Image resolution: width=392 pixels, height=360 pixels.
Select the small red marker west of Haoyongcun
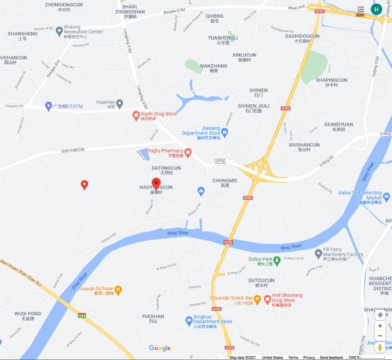click(84, 185)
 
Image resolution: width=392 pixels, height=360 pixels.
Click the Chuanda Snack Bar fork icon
click(257, 300)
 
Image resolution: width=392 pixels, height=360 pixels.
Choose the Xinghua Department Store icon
click(189, 321)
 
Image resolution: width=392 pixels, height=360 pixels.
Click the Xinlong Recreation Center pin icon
click(59, 30)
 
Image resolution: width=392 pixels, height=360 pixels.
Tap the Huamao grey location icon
click(120, 104)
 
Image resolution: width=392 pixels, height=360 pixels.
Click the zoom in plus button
click(380, 326)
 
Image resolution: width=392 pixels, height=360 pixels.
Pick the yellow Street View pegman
click(380, 347)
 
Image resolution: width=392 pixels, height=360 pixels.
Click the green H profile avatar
click(377, 9)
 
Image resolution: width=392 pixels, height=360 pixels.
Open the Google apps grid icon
click(361, 9)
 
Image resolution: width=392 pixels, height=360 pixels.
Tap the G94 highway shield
click(82, 316)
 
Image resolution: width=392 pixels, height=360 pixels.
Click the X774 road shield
click(220, 161)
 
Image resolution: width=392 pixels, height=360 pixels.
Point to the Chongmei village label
click(225, 181)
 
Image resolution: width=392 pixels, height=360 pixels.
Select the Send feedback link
click(331, 358)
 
